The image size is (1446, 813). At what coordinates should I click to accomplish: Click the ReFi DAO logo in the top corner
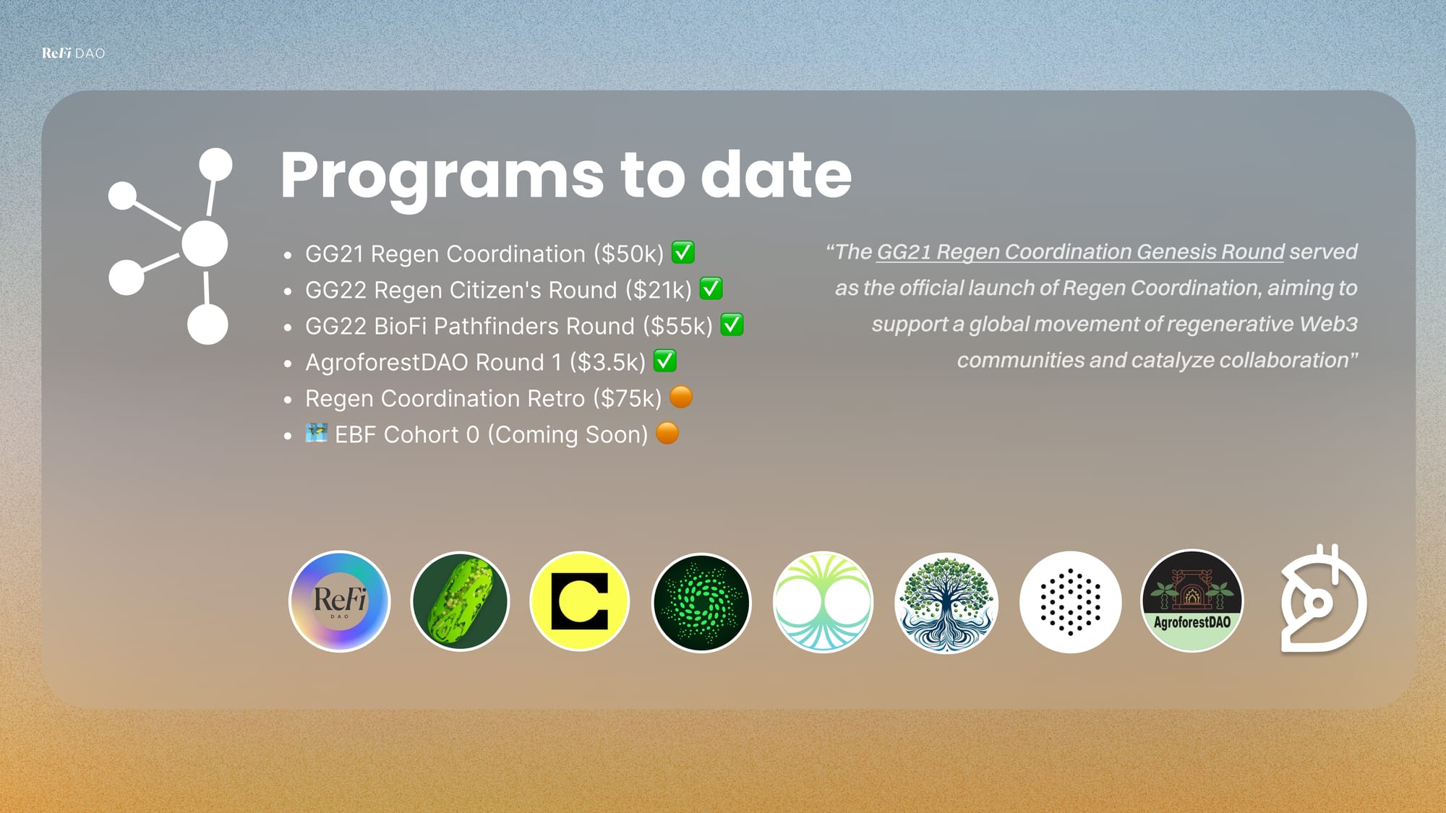point(73,53)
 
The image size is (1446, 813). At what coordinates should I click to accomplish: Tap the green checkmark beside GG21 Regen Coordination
point(683,252)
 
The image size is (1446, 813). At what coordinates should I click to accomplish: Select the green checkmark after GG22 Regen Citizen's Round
point(711,288)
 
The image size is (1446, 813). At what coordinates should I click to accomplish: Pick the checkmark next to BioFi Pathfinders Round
point(732,324)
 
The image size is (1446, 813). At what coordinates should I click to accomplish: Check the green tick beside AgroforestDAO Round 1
point(665,361)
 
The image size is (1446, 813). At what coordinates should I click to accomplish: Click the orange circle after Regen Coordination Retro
point(681,397)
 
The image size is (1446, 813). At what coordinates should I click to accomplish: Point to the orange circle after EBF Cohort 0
point(667,433)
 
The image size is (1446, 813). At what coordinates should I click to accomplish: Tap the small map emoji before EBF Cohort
point(317,433)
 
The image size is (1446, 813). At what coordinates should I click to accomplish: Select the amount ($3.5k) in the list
point(607,362)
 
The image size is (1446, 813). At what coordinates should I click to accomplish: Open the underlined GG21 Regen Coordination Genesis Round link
point(1081,252)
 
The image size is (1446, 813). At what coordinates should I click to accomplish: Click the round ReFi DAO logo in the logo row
point(339,601)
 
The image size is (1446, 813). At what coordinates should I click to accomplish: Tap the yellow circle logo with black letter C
point(580,601)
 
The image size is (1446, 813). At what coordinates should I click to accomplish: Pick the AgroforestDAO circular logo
point(1192,601)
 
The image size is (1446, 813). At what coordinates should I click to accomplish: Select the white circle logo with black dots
point(1071,602)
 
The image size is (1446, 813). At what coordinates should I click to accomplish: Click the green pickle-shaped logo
point(460,601)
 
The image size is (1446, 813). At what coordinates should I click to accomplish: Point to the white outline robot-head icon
point(1323,599)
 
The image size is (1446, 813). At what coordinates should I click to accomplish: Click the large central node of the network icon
point(205,244)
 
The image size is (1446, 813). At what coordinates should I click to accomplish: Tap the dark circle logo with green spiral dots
point(701,602)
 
